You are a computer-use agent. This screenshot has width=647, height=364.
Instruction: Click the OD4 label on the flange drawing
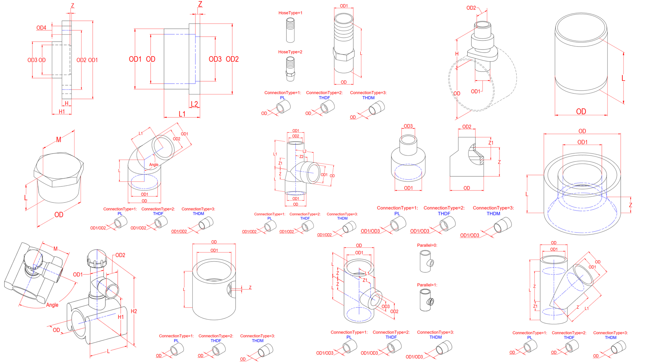click(41, 28)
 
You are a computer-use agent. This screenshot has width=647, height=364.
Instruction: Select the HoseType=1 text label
click(290, 13)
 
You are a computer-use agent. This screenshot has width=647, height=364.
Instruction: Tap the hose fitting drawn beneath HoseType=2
click(290, 69)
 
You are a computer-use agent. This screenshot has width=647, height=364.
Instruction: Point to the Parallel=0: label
click(427, 245)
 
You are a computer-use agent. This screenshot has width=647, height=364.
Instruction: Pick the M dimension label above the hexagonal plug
click(59, 140)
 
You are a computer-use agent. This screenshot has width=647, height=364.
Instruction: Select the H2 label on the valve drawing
click(134, 311)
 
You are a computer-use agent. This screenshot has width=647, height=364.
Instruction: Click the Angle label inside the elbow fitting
click(154, 165)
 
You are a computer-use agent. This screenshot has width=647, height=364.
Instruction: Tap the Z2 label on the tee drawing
click(302, 157)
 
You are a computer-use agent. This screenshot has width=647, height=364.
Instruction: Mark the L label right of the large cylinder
click(623, 78)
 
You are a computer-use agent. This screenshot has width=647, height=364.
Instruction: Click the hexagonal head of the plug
click(59, 170)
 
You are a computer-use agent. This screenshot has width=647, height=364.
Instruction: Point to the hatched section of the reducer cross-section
click(478, 156)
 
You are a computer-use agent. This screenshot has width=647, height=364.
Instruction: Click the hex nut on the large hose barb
click(344, 54)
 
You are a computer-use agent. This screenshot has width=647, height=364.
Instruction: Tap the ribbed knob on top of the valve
click(97, 259)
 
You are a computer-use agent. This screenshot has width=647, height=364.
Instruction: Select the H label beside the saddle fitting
click(457, 54)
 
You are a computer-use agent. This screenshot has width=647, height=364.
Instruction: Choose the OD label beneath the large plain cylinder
click(581, 112)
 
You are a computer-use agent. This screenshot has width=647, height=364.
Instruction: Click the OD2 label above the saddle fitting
click(471, 8)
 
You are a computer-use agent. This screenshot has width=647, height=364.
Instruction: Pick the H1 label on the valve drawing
click(121, 317)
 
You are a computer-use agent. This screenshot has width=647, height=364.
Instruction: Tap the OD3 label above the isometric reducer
click(408, 126)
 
